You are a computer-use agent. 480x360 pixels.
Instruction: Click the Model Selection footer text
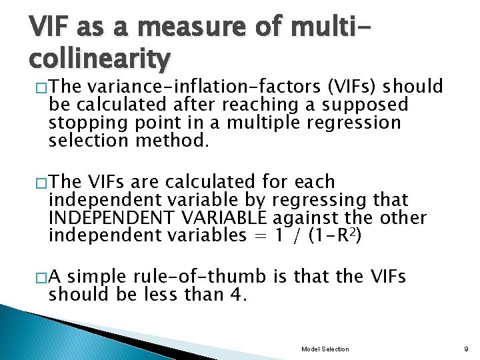(325, 349)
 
